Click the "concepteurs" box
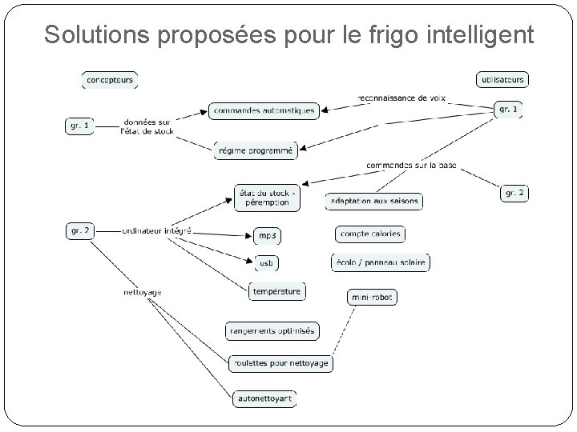click(110, 79)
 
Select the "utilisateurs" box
click(502, 79)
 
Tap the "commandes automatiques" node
click(264, 110)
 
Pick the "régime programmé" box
click(256, 150)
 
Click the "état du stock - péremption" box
click(267, 198)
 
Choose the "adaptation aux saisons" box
click(373, 201)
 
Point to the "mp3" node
click(267, 236)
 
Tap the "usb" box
click(266, 262)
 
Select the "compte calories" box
click(369, 234)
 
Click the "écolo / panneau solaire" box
click(380, 262)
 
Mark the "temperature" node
click(277, 291)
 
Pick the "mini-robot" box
click(373, 297)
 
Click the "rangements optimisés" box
click(272, 330)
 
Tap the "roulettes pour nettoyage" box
click(279, 363)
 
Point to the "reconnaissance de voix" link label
click(404, 98)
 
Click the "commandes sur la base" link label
click(412, 165)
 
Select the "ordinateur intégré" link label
click(156, 230)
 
